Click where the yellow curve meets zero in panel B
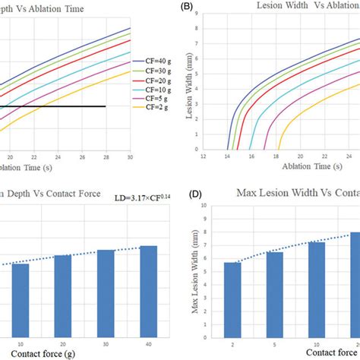(279, 149)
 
